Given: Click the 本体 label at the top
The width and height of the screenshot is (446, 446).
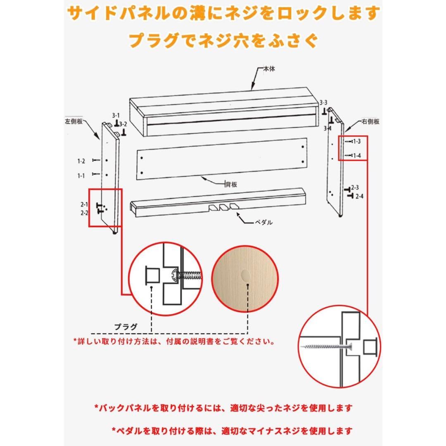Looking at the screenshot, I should coord(269,69).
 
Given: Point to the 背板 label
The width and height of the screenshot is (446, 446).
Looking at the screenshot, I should coord(231,185).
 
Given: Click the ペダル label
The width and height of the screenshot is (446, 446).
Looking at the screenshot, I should coord(263,222).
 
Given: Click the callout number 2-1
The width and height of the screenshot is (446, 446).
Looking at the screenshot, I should coord(84,204).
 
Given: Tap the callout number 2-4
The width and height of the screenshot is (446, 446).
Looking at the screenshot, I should coord(359,196).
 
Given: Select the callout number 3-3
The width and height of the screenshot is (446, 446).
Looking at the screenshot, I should coord(323,102).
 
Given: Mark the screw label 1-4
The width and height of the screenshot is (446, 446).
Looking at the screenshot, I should coord(356,156).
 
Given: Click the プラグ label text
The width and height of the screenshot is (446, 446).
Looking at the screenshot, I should coord(126,326).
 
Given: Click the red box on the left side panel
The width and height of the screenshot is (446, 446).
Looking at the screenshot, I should coord(105,208).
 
